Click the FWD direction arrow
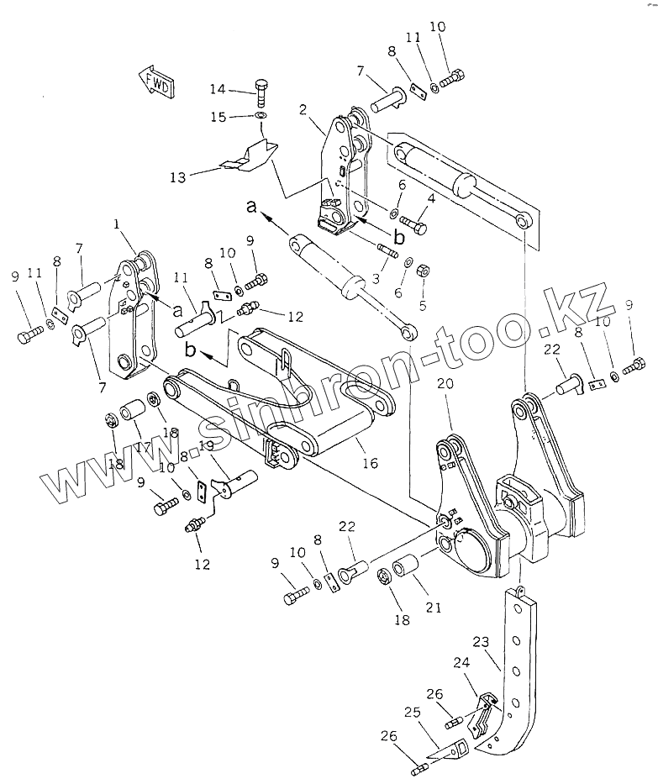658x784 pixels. (x=156, y=82)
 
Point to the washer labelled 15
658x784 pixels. (x=261, y=115)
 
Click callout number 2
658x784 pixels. (x=303, y=110)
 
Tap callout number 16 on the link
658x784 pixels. (x=369, y=462)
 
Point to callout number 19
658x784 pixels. (x=206, y=445)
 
